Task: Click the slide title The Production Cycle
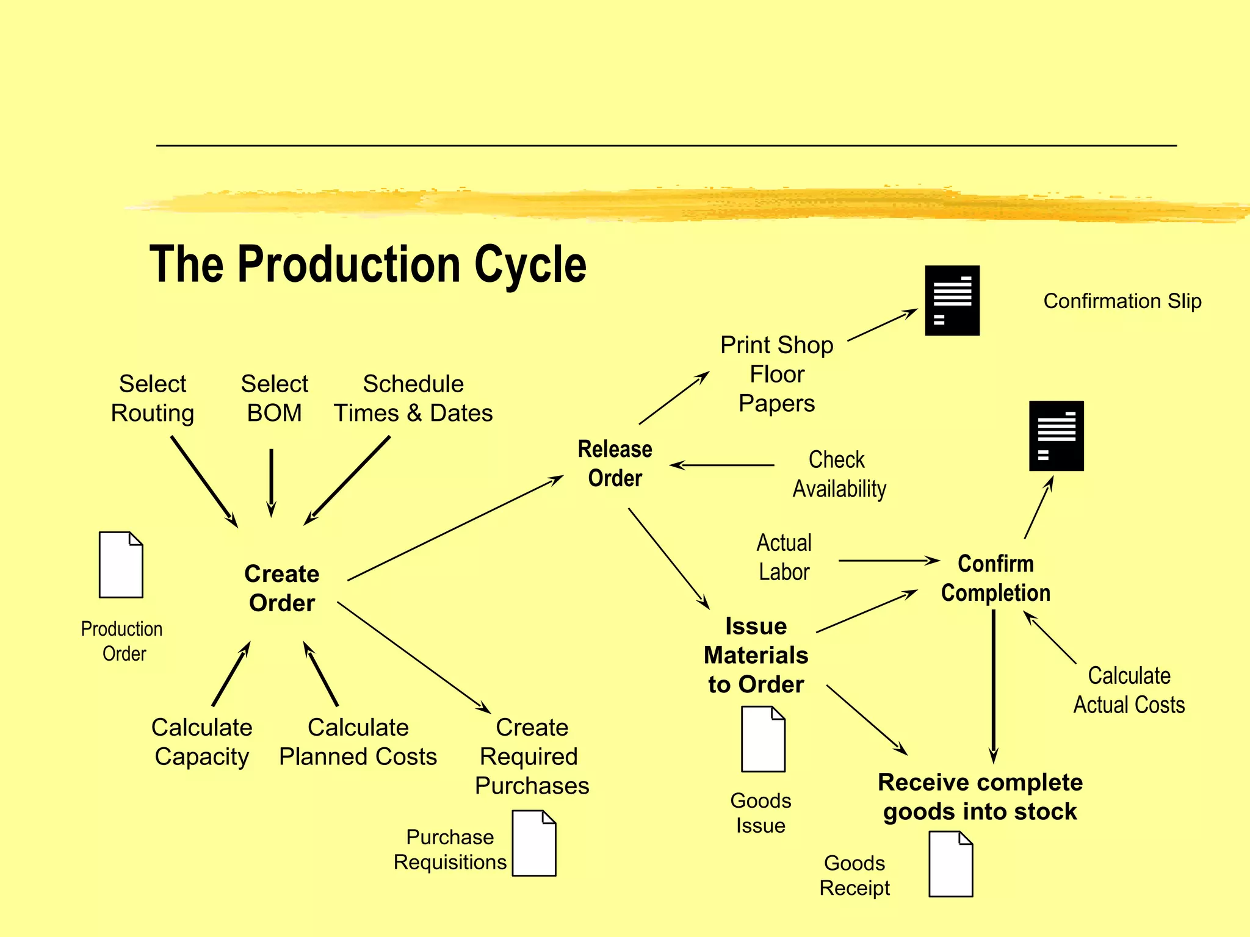(367, 264)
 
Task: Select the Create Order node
(281, 588)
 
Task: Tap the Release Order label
(615, 464)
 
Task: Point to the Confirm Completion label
(995, 578)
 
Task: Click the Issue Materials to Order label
(756, 655)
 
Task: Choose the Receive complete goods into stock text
(980, 797)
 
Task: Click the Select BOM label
(274, 398)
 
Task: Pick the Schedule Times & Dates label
(413, 398)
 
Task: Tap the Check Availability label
(839, 474)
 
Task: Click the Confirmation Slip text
(1122, 301)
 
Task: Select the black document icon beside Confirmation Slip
(952, 300)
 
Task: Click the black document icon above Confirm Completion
(1056, 436)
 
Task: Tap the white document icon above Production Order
(121, 565)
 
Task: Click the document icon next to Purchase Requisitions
(533, 843)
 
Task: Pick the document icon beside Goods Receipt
(950, 864)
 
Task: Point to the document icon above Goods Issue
(763, 739)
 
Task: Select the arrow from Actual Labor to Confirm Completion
(888, 561)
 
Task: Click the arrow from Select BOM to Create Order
(271, 482)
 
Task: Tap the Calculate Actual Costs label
(1129, 691)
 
